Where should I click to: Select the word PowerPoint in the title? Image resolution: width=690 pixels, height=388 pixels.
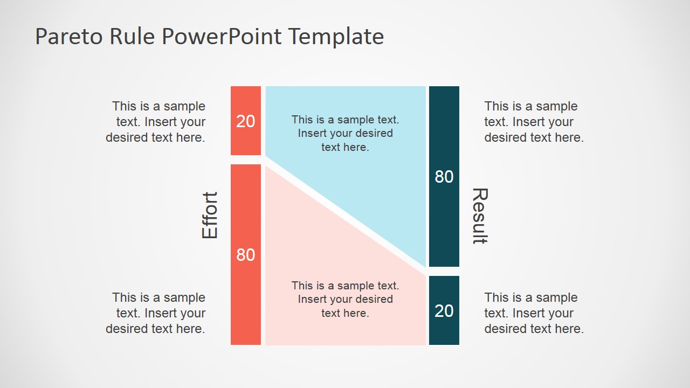click(221, 37)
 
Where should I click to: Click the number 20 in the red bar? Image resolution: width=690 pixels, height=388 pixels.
click(246, 121)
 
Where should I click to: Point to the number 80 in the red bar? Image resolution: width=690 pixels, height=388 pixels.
click(246, 254)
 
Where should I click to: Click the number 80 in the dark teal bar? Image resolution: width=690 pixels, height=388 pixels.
click(444, 177)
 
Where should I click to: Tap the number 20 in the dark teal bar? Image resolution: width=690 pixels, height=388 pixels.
click(444, 310)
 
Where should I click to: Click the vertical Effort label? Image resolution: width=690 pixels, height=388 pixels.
click(210, 215)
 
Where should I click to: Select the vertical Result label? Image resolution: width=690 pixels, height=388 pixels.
click(480, 216)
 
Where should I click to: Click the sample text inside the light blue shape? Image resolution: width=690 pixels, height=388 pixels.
click(346, 133)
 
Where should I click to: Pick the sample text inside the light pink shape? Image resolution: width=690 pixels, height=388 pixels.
click(346, 299)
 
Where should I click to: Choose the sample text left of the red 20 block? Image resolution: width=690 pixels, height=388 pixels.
click(156, 122)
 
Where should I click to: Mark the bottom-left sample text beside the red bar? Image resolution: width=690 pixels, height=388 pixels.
click(156, 313)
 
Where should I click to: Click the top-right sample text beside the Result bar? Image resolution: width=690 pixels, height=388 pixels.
click(534, 122)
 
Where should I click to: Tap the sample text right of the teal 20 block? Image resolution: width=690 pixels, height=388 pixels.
click(534, 313)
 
